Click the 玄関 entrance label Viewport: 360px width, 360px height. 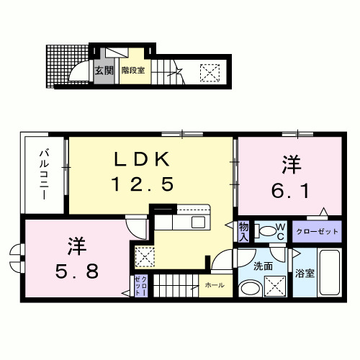click(x=104, y=71)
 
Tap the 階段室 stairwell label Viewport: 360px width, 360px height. click(x=133, y=71)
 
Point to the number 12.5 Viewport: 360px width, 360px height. click(x=143, y=185)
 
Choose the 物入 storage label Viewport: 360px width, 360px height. click(x=243, y=231)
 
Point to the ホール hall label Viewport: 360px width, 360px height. click(x=214, y=286)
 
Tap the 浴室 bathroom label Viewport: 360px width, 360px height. click(x=305, y=273)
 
